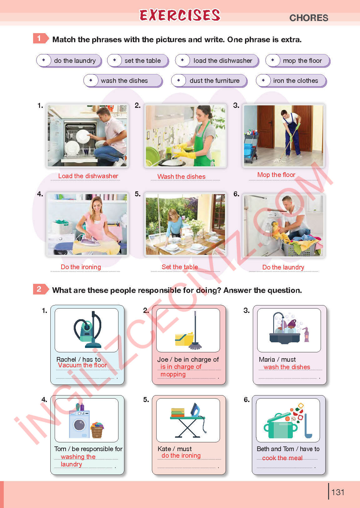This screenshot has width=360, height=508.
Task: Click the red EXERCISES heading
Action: pyautogui.click(x=180, y=15)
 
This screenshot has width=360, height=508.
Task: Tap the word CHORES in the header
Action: pyautogui.click(x=308, y=18)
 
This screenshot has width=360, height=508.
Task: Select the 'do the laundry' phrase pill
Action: pyautogui.click(x=69, y=61)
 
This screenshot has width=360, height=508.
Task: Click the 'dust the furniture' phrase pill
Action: pyautogui.click(x=209, y=81)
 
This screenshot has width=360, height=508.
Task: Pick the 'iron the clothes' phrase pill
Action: pyautogui.click(x=291, y=81)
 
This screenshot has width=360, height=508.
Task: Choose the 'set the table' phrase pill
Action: pyautogui.click(x=138, y=61)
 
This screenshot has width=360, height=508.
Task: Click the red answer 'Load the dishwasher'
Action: pyautogui.click(x=88, y=176)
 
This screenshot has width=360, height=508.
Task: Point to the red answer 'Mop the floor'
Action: pyautogui.click(x=276, y=175)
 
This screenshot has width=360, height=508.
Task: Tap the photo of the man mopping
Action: pyautogui.click(x=283, y=136)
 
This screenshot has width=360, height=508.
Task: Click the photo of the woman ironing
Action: pyautogui.click(x=87, y=224)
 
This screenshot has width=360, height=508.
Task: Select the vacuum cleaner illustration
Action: pyautogui.click(x=87, y=330)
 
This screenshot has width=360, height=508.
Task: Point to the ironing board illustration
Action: pyautogui.click(x=187, y=420)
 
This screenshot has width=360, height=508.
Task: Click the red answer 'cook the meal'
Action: pyautogui.click(x=282, y=458)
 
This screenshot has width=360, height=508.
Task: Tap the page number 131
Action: pyautogui.click(x=337, y=492)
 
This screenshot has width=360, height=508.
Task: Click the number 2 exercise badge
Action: pyautogui.click(x=40, y=289)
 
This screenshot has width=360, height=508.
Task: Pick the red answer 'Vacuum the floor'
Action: pyautogui.click(x=82, y=365)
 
